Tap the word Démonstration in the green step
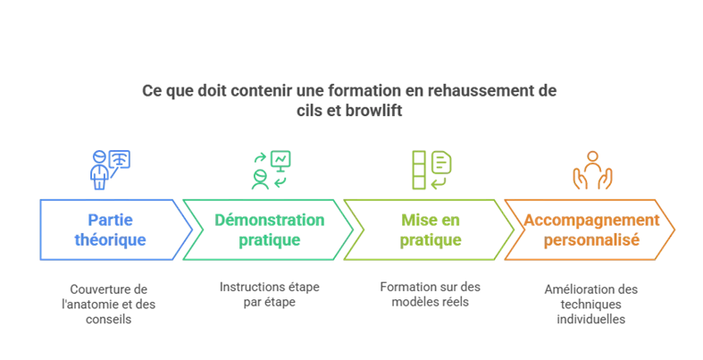[270, 220]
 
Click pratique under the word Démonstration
[270, 240]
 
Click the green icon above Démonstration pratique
[271, 169]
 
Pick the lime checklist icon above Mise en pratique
[431, 169]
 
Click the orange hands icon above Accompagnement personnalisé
[592, 170]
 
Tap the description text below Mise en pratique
[431, 292]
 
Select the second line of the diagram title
[350, 113]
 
